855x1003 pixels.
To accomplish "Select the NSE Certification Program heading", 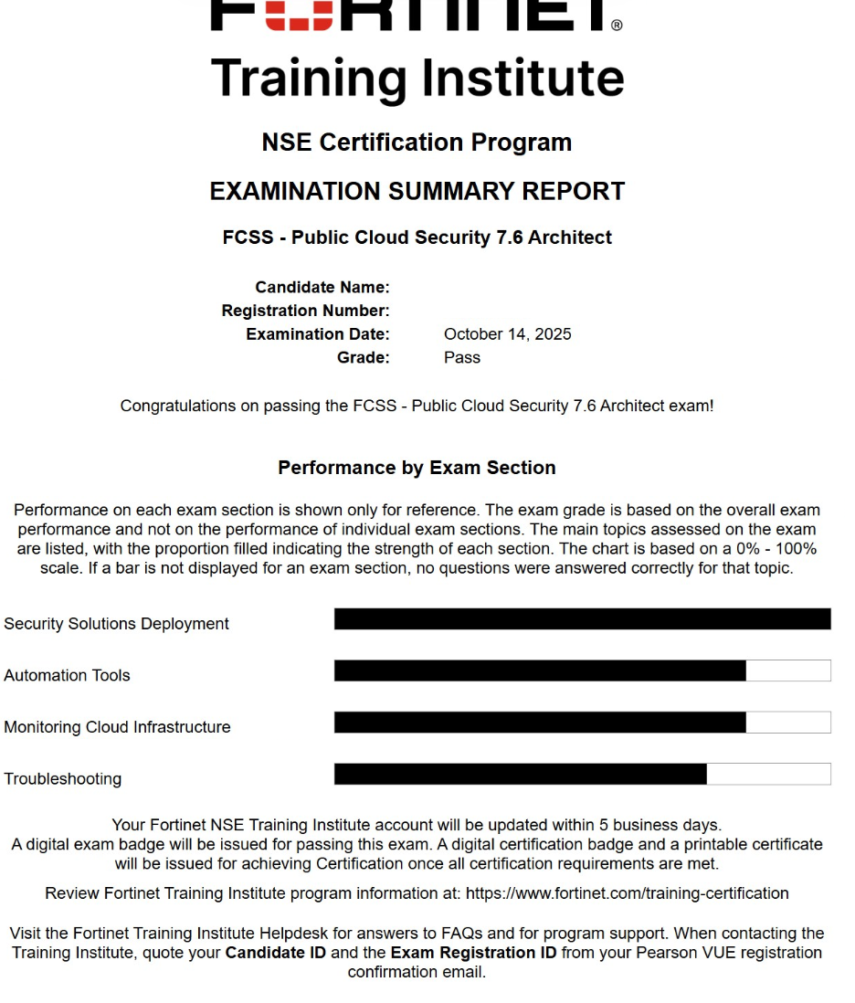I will [x=417, y=143].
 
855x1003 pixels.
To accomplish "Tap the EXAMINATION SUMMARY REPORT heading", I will [x=417, y=192].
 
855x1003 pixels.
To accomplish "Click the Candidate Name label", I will [x=322, y=288].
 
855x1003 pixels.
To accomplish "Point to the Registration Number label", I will [x=305, y=311].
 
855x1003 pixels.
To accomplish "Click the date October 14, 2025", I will [x=507, y=334].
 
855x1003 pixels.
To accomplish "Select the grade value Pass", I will [x=462, y=358].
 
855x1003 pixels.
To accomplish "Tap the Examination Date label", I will [x=317, y=334].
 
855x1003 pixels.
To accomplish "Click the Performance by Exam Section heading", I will [x=417, y=468].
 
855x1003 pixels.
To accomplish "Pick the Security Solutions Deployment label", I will [x=116, y=624].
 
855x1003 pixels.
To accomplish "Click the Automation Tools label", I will [x=67, y=676].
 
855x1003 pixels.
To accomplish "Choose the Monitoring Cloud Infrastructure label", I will [x=117, y=728].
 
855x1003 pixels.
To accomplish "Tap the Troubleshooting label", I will [x=62, y=779].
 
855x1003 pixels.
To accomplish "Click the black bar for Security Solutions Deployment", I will [x=582, y=619].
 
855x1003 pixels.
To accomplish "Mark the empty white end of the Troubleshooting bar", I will [x=768, y=775].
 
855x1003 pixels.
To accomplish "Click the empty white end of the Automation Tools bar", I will [x=787, y=671].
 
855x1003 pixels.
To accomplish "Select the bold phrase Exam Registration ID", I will [x=473, y=953].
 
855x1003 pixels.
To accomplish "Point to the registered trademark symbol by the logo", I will [x=617, y=26].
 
